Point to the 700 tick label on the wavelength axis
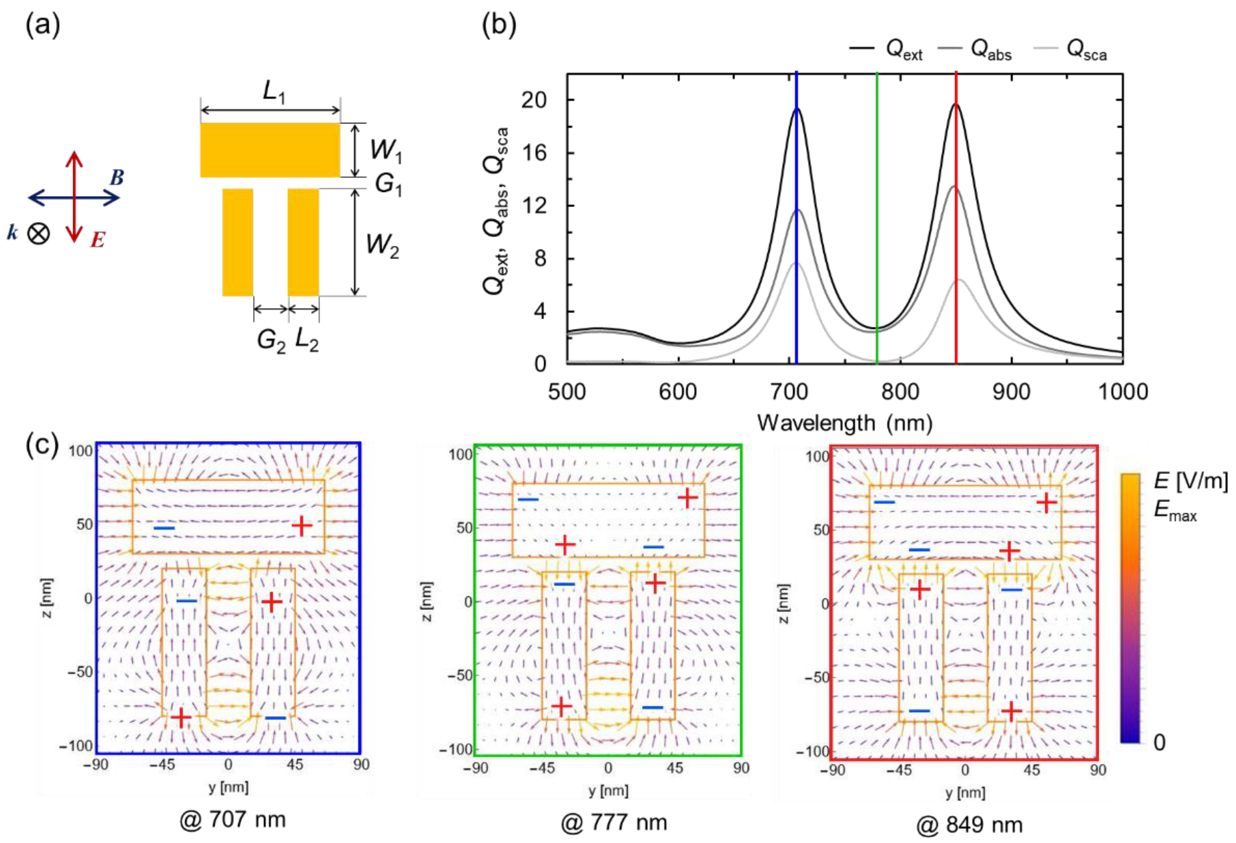point(789,392)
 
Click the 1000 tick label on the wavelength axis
point(1123,392)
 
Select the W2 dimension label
point(382,246)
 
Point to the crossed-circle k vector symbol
point(38,233)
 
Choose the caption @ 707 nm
point(233,820)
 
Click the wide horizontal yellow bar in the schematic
point(270,150)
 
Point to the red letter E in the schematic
point(97,241)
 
